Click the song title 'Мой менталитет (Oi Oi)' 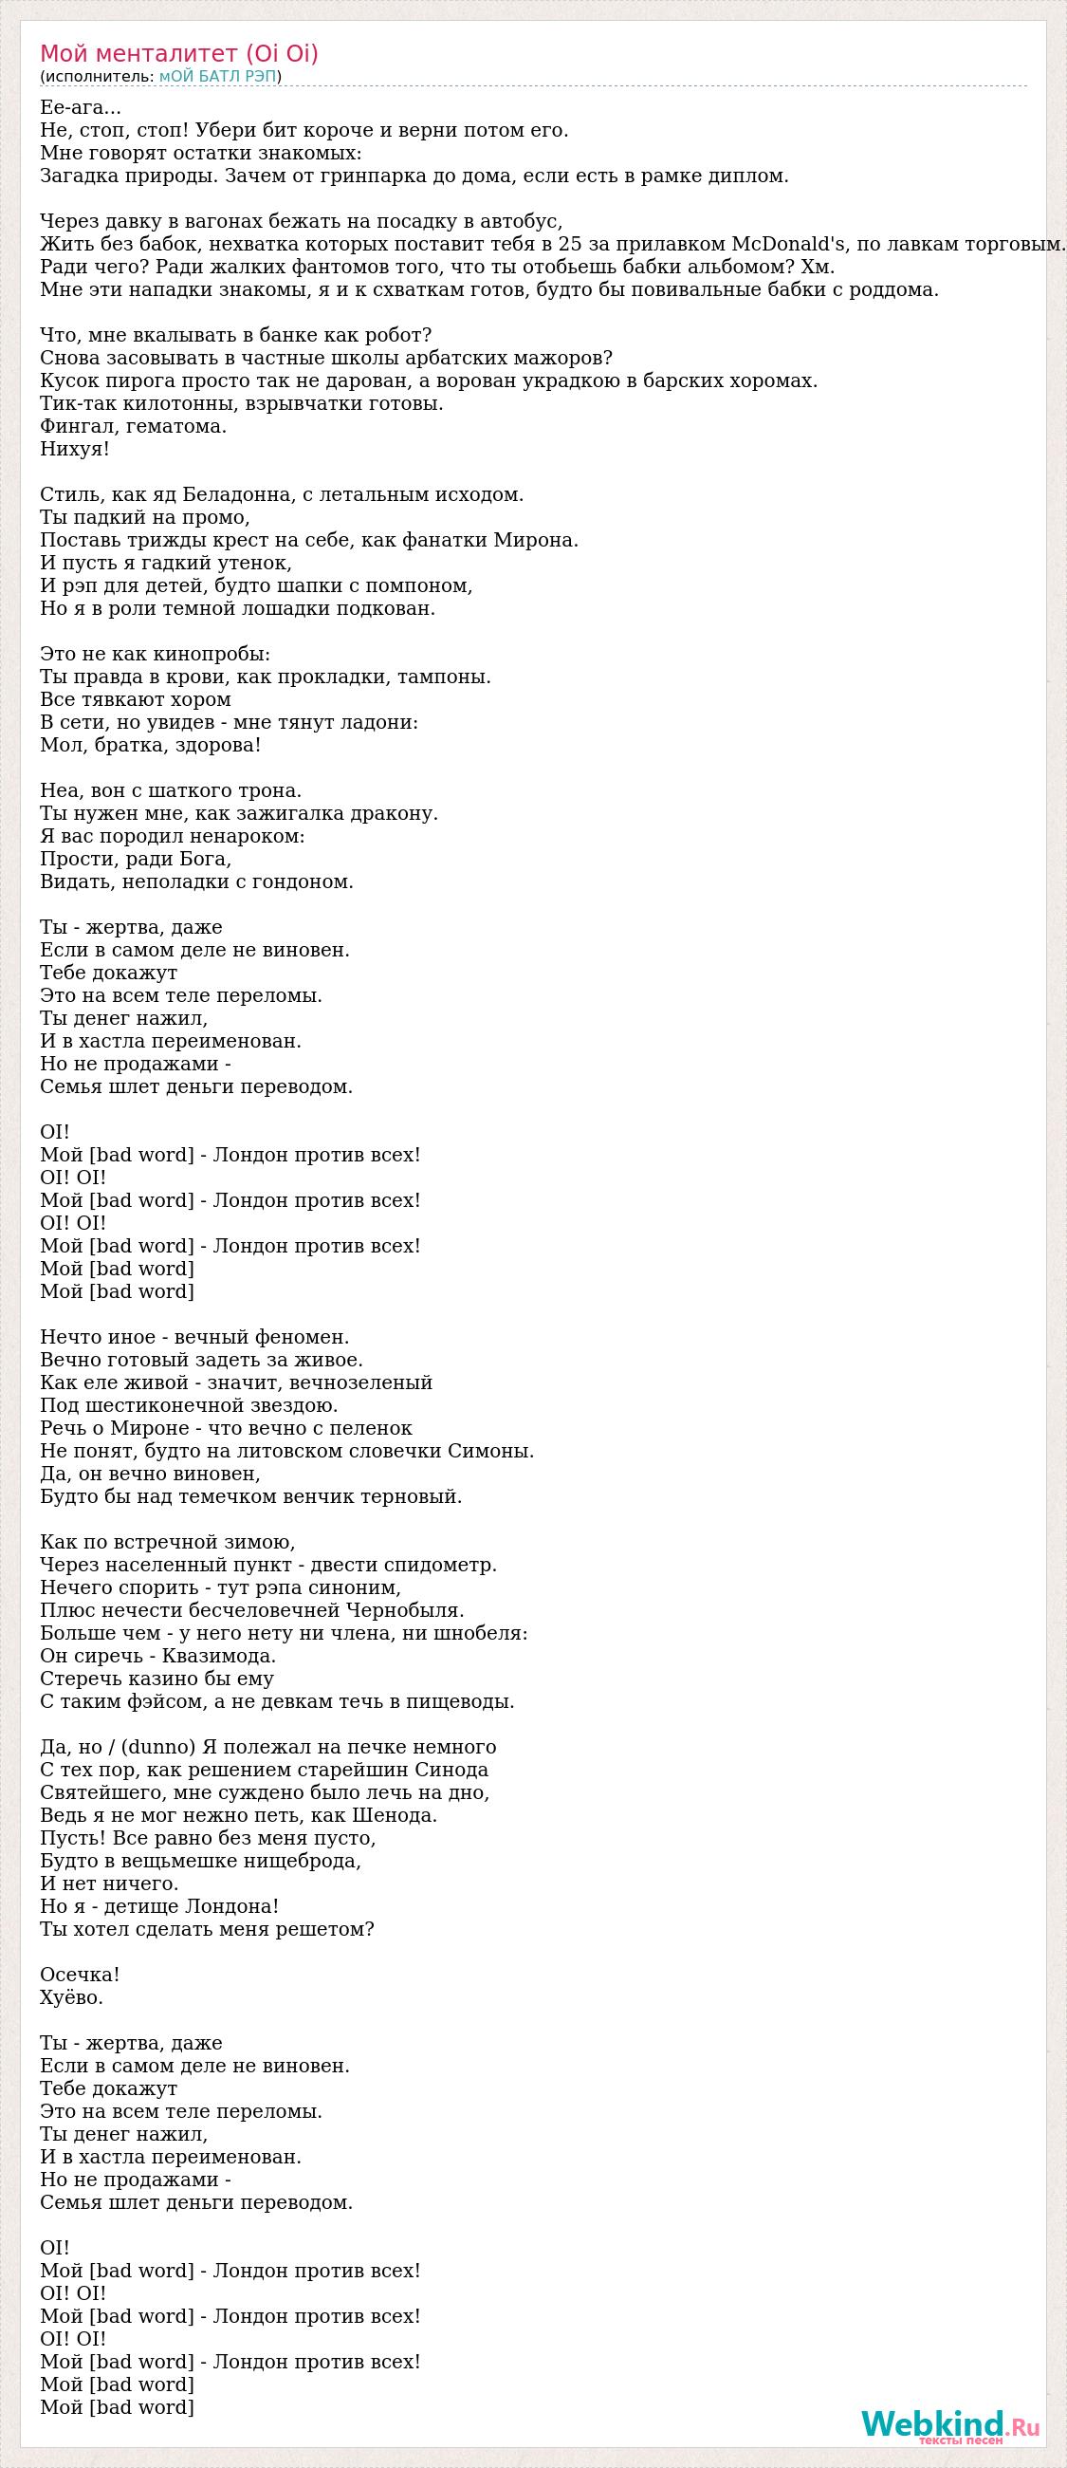tap(179, 54)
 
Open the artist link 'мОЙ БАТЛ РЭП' tap(217, 77)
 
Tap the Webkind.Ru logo tap(949, 2425)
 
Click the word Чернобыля tap(414, 1610)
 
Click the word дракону tap(395, 813)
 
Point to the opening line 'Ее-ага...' tap(81, 107)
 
